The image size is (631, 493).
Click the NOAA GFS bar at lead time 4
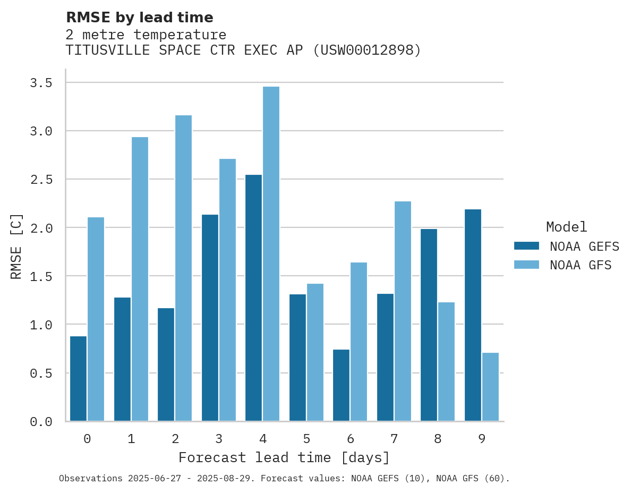point(271,254)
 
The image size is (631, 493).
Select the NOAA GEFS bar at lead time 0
point(78,379)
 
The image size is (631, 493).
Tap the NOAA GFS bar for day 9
point(490,387)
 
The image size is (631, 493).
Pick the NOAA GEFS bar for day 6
point(341,385)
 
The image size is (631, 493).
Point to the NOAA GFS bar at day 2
point(183,268)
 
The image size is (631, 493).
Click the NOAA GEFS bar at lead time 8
point(429,325)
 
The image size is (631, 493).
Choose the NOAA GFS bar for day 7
point(403,311)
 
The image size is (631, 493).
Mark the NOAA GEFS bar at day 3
point(210,318)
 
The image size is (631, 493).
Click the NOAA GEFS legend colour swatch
point(526,246)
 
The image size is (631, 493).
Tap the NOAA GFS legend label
point(581,265)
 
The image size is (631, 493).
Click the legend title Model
point(566,227)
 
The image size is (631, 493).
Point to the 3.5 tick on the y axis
point(41,83)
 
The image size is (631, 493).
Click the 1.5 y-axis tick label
point(41,276)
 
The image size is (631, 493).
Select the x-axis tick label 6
point(351,439)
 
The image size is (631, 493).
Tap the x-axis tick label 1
point(131,439)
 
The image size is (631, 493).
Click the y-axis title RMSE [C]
point(16,246)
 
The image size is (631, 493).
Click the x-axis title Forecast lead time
point(284,457)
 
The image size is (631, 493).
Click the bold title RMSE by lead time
point(139,18)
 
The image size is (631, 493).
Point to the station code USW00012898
point(366,50)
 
